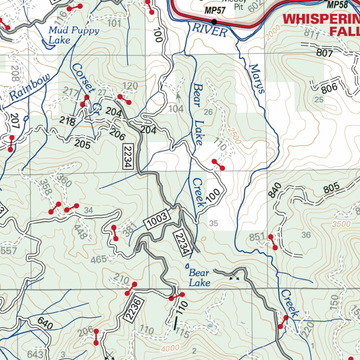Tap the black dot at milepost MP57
tap(214, 22)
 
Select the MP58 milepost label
tap(337, 5)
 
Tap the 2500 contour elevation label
tap(234, 135)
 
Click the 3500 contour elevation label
tap(341, 224)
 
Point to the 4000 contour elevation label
tap(172, 348)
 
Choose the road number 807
tap(324, 53)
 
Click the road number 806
tap(329, 88)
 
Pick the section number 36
tap(306, 235)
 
